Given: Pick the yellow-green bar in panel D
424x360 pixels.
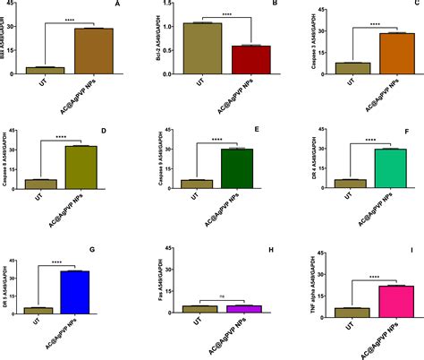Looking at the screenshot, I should click(81, 167).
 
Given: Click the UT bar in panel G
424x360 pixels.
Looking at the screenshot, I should click(38, 310).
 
